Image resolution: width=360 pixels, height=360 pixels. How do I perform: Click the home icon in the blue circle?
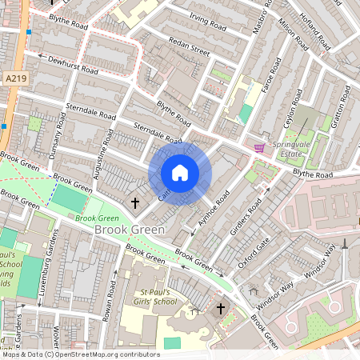[x=180, y=173]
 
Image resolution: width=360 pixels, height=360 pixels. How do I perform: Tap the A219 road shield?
[x=14, y=78]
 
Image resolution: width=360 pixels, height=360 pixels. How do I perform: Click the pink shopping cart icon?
[x=259, y=148]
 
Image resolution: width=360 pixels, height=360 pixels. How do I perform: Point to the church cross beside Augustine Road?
[x=135, y=202]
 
